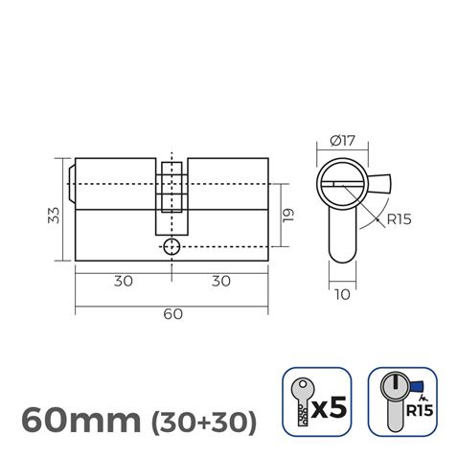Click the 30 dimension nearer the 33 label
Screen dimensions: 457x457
122,282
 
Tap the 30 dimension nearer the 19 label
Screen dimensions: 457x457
220,282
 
